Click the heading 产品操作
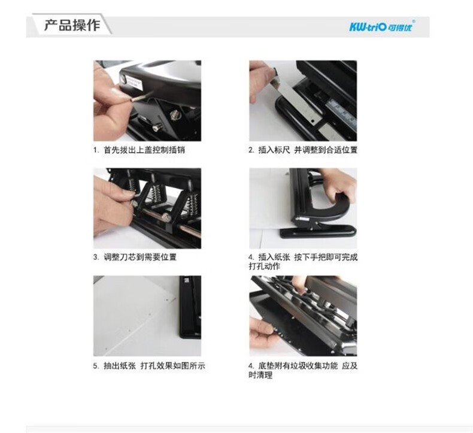72,25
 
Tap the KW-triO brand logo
382,26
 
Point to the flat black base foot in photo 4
319,231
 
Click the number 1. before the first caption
96,150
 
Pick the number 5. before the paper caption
96,367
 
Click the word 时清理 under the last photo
260,376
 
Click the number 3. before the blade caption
96,258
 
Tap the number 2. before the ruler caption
251,150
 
